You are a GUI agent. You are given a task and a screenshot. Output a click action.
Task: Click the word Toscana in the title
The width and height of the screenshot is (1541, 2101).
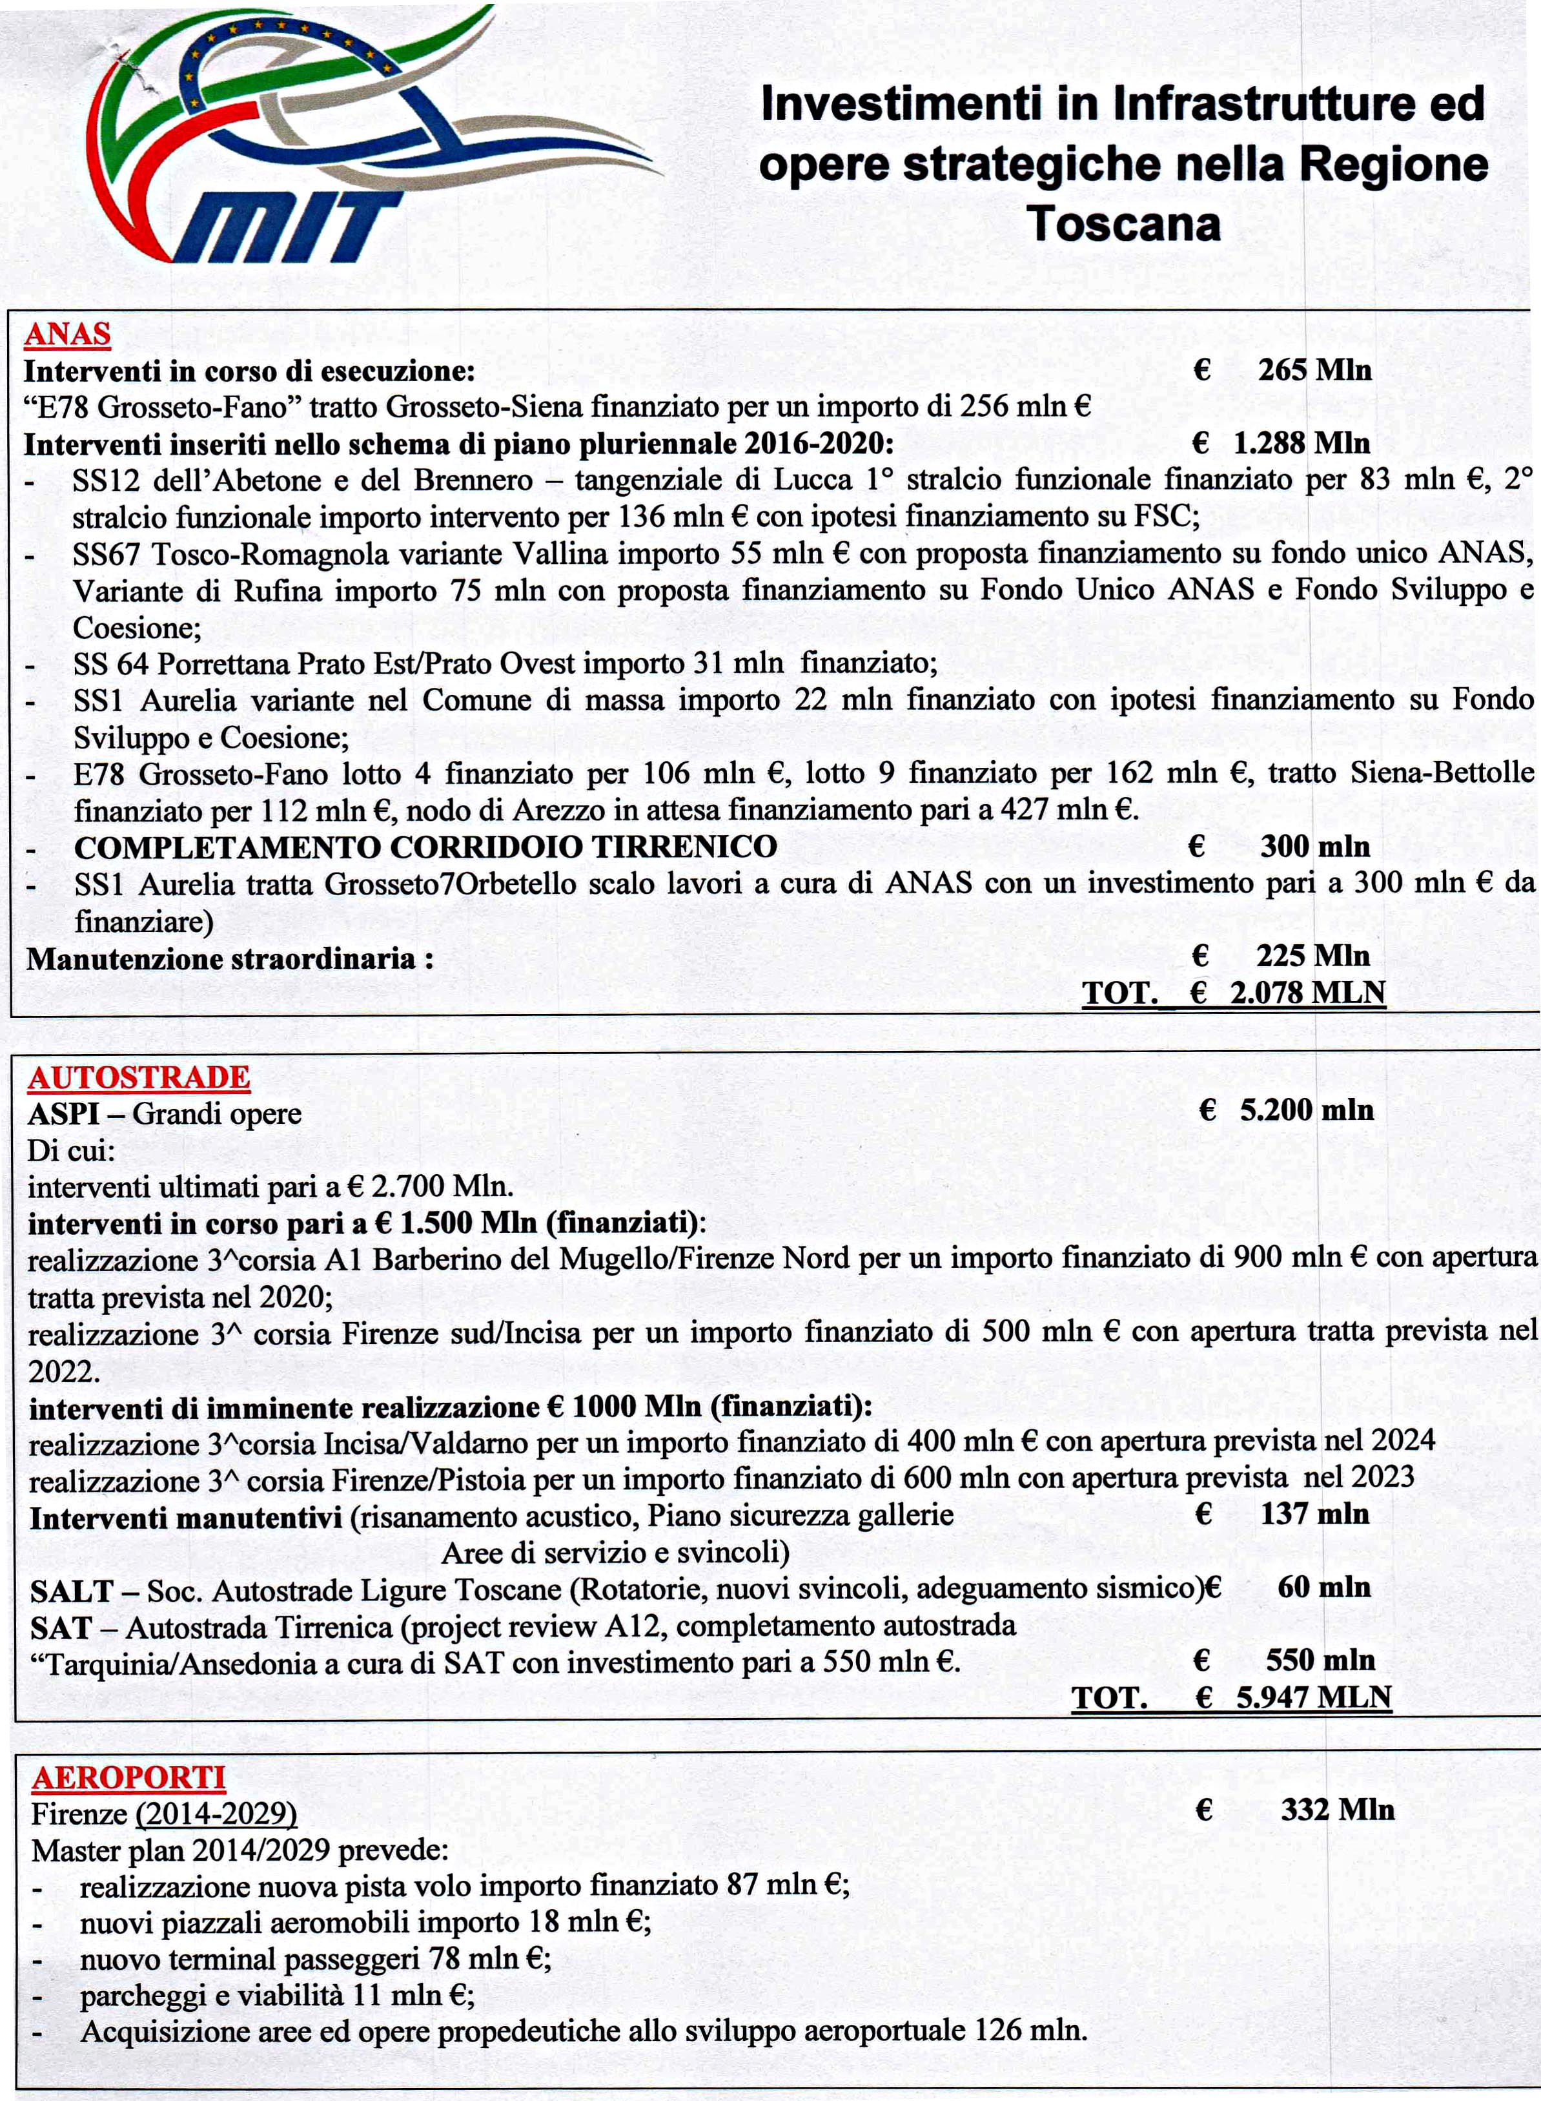tap(1123, 224)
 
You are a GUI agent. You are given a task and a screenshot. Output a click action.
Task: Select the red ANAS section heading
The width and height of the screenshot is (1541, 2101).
tap(67, 334)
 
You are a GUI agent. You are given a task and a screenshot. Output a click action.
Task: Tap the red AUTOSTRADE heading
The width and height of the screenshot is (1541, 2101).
tap(139, 1077)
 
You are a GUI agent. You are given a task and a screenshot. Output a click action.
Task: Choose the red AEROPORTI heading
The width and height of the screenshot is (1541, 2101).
tap(128, 1778)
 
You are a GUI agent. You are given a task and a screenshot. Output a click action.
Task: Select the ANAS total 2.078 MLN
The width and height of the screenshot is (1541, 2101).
tap(1307, 993)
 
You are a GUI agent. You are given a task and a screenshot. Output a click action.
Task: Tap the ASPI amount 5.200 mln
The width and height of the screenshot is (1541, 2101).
tap(1306, 1110)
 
